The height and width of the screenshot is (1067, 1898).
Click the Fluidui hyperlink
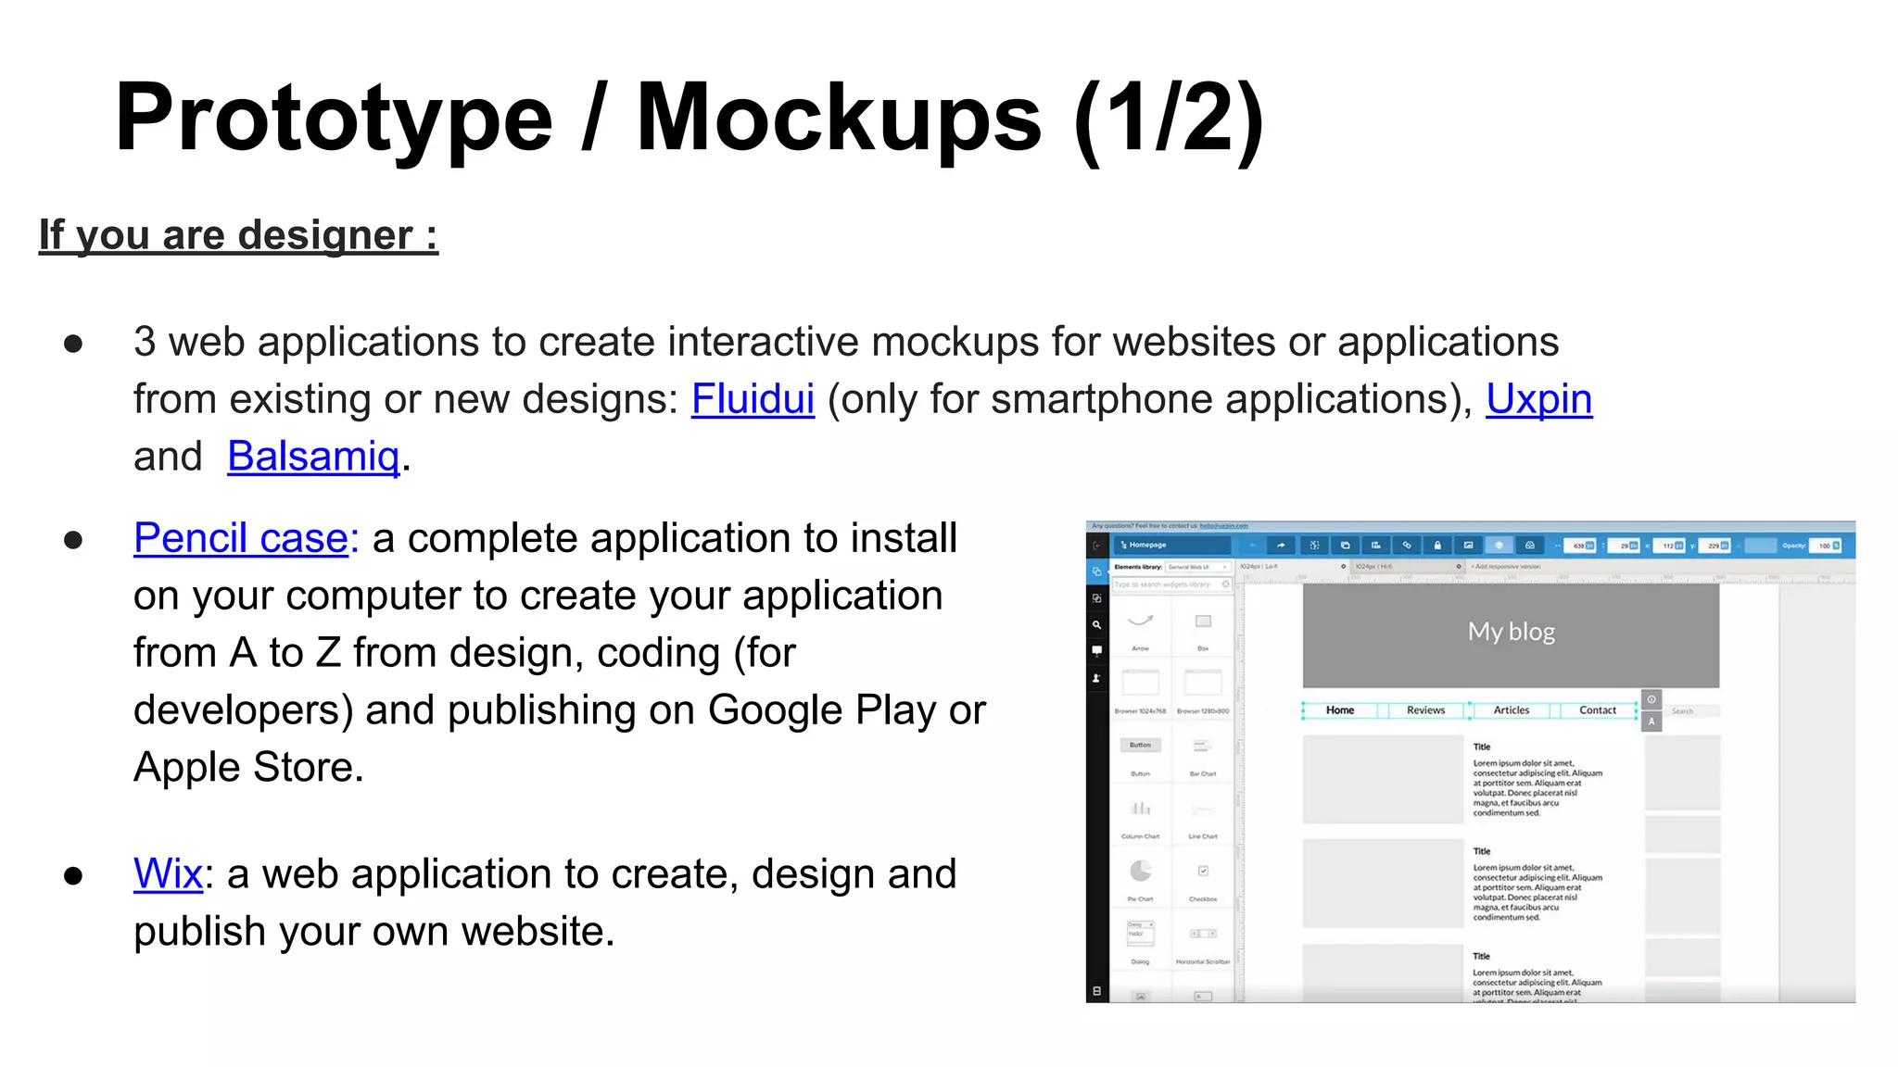point(753,399)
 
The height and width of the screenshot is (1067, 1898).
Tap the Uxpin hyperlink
point(1538,399)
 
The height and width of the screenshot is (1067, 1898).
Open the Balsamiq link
point(313,457)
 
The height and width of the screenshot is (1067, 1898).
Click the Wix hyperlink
point(168,873)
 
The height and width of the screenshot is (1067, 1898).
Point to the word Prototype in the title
point(334,118)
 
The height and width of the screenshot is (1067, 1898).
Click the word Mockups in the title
point(839,118)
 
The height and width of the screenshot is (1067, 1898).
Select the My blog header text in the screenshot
point(1511,632)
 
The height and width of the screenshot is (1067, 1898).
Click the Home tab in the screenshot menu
point(1339,710)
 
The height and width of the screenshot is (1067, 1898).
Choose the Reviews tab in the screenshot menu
point(1425,710)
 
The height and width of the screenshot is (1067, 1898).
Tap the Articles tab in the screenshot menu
point(1512,710)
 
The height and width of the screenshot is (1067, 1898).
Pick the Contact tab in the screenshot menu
point(1597,710)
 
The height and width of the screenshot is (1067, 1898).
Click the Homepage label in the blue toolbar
point(1147,546)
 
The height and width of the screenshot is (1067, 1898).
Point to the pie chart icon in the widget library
point(1140,872)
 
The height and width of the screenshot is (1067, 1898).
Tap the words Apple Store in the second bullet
point(248,768)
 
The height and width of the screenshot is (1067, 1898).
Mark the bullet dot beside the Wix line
point(73,875)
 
